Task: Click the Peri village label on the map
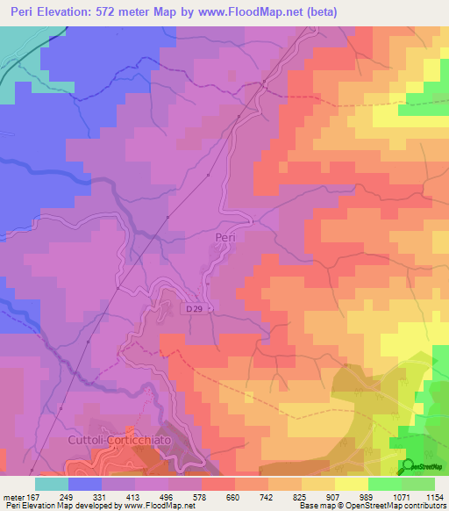pyautogui.click(x=225, y=237)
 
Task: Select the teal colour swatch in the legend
pyautogui.click(x=52, y=484)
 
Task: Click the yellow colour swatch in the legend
pyautogui.click(x=352, y=484)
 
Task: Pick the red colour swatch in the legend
pyautogui.click(x=218, y=484)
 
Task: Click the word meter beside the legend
pyautogui.click(x=12, y=497)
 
